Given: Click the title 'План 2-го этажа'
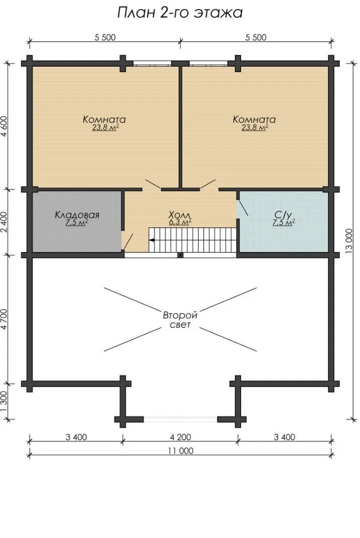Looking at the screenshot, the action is (x=180, y=13).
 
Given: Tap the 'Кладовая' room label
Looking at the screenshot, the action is (x=77, y=215).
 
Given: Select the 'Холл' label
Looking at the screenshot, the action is (x=179, y=215).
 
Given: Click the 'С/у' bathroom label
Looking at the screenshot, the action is (x=283, y=215).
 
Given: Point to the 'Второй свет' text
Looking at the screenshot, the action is (x=180, y=320).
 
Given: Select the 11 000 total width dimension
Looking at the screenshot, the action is (x=181, y=451).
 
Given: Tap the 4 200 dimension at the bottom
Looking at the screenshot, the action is (x=181, y=437).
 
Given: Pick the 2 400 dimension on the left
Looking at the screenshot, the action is (x=5, y=222).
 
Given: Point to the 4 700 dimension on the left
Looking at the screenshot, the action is (x=5, y=320).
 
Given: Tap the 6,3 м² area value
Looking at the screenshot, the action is (x=180, y=222).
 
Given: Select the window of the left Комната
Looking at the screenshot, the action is (x=152, y=63).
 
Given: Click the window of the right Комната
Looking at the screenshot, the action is (x=208, y=63).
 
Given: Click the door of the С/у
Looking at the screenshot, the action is (x=243, y=208).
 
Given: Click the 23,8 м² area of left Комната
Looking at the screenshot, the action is (x=105, y=128).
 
